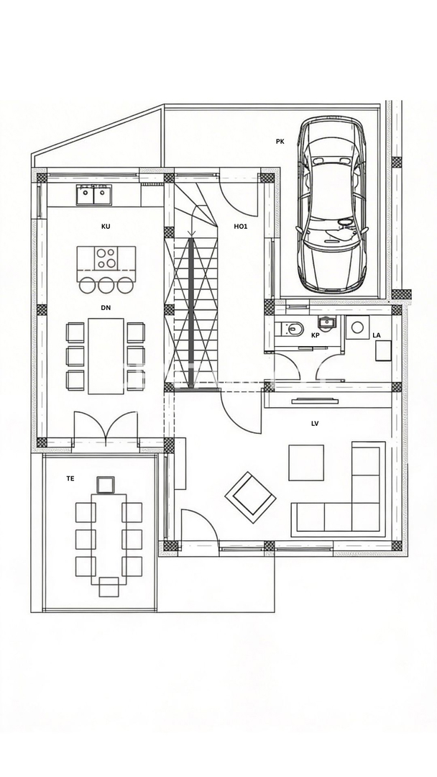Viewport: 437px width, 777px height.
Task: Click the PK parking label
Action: (x=280, y=142)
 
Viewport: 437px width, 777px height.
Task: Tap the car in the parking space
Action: (x=331, y=205)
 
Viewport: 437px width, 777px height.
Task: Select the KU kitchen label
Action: (x=106, y=226)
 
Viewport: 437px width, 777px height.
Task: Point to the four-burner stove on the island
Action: (x=107, y=257)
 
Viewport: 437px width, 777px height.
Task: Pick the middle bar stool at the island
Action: (x=106, y=285)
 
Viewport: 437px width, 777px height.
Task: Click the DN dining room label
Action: (x=106, y=307)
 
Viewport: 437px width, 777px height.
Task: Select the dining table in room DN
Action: (x=106, y=355)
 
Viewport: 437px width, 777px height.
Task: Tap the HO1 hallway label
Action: (x=241, y=226)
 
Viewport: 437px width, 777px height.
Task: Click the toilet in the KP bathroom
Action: (x=290, y=330)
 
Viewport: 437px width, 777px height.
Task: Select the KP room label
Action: (x=315, y=335)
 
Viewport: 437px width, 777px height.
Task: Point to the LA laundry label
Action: (x=377, y=335)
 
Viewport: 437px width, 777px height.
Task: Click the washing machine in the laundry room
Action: (x=356, y=328)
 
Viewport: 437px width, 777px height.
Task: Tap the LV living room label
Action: (x=315, y=424)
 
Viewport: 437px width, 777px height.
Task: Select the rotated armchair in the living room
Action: (x=250, y=495)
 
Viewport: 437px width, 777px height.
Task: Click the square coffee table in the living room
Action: (x=306, y=463)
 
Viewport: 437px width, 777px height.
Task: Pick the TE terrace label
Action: (x=70, y=478)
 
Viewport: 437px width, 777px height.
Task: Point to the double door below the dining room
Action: (x=106, y=428)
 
